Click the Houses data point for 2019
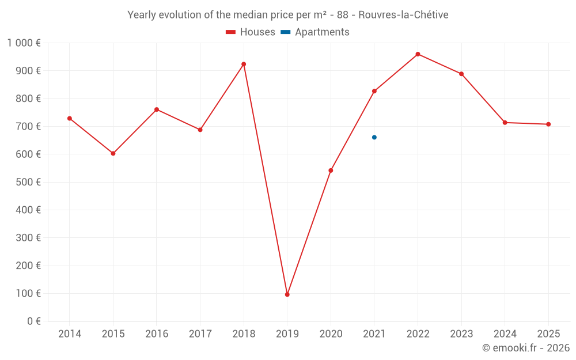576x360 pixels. [287, 294]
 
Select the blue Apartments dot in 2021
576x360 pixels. [374, 137]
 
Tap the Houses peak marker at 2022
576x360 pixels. [418, 54]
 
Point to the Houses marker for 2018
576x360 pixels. [244, 64]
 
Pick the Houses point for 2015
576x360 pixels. [113, 153]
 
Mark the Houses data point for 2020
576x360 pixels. [331, 170]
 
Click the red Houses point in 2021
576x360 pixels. [374, 91]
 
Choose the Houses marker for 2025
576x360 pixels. [548, 124]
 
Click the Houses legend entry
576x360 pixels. [250, 32]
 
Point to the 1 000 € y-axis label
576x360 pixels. [24, 43]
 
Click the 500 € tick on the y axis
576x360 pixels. [29, 182]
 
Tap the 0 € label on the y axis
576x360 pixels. [34, 321]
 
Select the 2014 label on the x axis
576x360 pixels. [70, 334]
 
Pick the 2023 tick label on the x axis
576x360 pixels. [461, 334]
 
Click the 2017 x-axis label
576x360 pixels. [200, 334]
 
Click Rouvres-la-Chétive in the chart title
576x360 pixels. [403, 15]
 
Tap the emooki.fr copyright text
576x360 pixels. [525, 348]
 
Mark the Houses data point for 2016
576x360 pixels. [157, 109]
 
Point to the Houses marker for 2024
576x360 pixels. [505, 123]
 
